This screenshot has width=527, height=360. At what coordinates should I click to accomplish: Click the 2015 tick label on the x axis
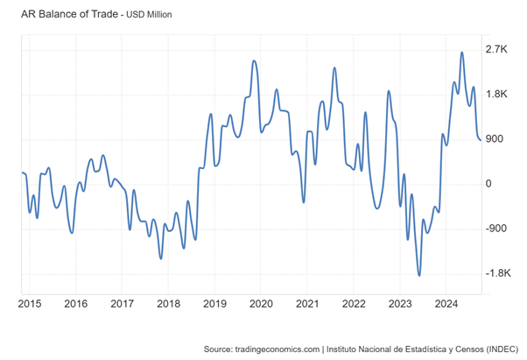tap(30, 304)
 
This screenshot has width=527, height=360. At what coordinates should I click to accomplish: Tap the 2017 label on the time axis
tap(122, 304)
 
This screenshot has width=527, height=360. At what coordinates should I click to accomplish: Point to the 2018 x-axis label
tap(168, 304)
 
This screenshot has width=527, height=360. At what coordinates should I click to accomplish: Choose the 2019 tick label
tap(214, 304)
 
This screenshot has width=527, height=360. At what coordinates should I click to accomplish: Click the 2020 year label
tap(261, 304)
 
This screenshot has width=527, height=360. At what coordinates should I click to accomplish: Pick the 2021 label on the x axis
tap(307, 304)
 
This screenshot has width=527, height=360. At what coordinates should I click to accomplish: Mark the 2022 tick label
tap(353, 304)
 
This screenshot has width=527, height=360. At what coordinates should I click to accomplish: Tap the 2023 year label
tap(399, 304)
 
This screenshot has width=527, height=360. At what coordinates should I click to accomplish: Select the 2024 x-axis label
tap(446, 304)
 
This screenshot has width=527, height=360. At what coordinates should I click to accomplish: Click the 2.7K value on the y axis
tap(495, 49)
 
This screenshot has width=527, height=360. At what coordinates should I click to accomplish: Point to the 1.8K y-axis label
tap(495, 94)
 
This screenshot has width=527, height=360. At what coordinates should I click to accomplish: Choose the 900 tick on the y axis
tap(495, 138)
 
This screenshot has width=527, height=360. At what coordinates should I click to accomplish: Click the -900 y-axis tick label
tap(495, 229)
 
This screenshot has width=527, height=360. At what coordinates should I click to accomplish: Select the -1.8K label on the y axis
tap(497, 273)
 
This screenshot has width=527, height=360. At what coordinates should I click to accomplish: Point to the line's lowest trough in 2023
tap(419, 275)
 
